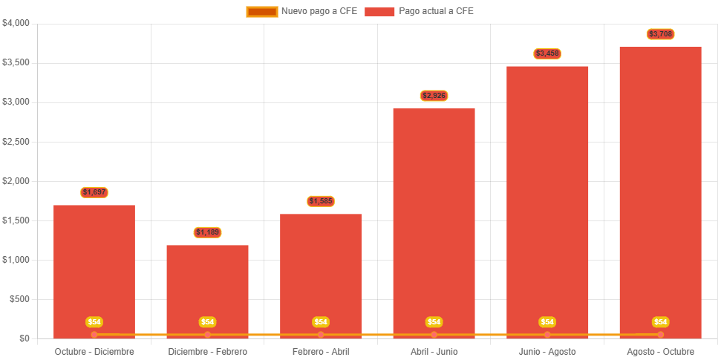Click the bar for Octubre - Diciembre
(94, 267)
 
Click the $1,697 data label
(94, 192)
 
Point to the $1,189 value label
(208, 232)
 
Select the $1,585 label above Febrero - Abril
(321, 201)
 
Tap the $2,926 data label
(434, 96)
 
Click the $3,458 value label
(547, 53)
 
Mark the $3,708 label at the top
(660, 34)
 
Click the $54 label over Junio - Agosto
(547, 322)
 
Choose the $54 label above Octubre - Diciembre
(94, 322)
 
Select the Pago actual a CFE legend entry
(420, 11)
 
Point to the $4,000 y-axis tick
(16, 23)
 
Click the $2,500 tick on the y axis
(16, 141)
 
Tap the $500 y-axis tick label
(20, 299)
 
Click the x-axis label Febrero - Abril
(321, 351)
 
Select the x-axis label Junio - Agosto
(547, 351)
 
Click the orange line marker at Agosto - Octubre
(660, 335)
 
